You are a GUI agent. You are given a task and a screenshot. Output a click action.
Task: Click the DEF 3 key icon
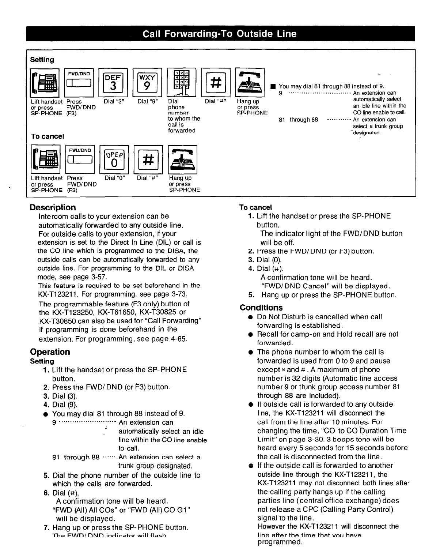(113, 82)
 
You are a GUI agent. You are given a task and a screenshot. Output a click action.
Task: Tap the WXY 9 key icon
(147, 82)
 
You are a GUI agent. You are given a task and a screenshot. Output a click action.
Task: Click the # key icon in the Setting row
(216, 82)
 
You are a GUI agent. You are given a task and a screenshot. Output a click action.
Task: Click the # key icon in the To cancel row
(148, 159)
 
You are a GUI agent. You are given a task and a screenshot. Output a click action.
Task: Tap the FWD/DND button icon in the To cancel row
(80, 159)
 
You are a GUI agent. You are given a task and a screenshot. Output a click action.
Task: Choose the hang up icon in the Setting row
(250, 82)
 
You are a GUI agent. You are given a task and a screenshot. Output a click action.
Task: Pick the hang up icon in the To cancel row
(182, 159)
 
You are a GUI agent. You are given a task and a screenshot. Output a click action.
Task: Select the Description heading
(53, 207)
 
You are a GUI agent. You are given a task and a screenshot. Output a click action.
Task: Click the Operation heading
(50, 352)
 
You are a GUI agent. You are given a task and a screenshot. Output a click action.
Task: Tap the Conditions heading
(261, 308)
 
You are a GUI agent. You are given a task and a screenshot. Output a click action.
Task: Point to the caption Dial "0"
(115, 178)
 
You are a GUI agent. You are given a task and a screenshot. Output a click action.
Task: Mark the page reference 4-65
(179, 339)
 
